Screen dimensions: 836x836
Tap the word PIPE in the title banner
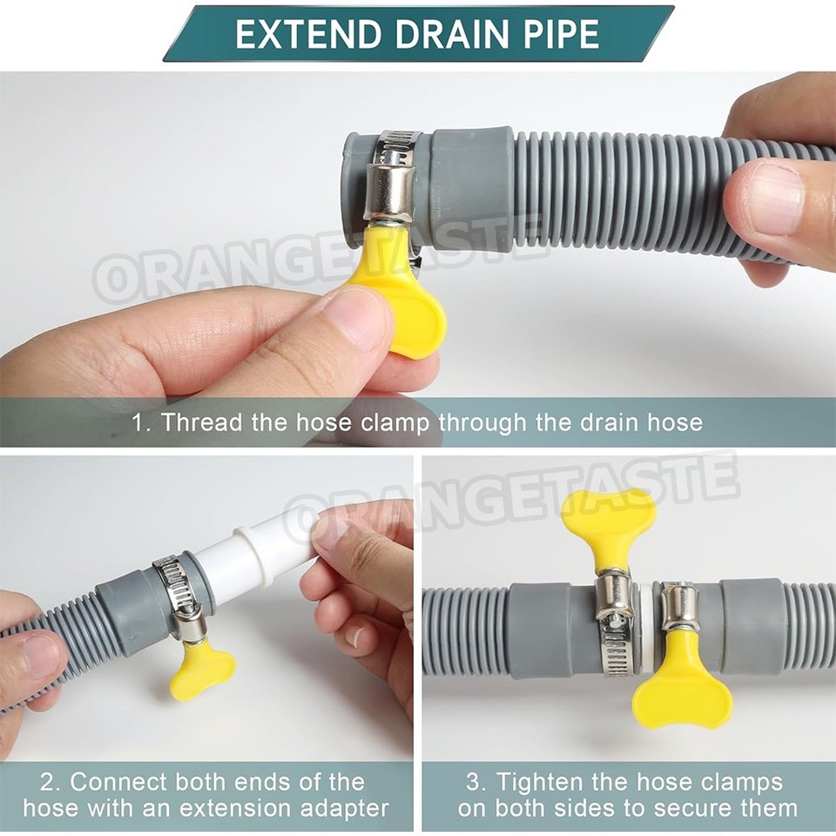click(x=559, y=33)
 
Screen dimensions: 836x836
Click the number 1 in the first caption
click(x=138, y=423)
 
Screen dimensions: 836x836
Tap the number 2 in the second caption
click(x=51, y=781)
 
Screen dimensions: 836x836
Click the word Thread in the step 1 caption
click(x=203, y=423)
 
